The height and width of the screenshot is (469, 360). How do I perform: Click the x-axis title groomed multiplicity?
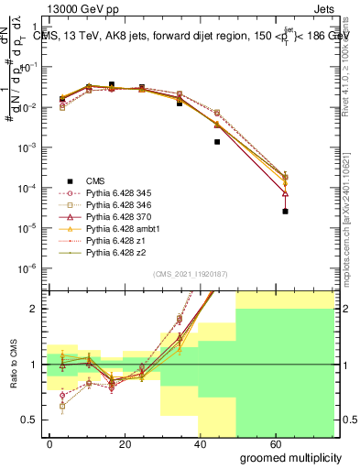click(x=284, y=455)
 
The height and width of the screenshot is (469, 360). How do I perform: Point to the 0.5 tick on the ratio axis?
click(x=27, y=420)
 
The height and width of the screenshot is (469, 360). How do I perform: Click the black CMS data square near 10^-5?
click(x=285, y=212)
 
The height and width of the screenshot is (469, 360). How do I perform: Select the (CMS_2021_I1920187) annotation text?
click(x=190, y=274)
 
